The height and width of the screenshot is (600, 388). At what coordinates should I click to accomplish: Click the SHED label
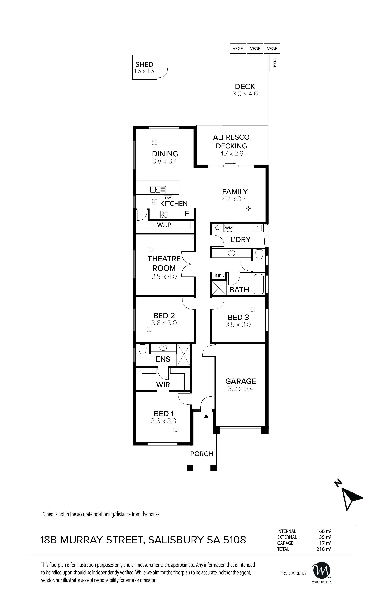coord(144,64)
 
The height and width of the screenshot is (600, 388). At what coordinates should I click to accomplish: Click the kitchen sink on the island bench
coord(158,189)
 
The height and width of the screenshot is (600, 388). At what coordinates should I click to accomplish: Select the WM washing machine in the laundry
coord(229,228)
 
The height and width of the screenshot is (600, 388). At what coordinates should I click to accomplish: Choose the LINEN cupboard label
coord(218,276)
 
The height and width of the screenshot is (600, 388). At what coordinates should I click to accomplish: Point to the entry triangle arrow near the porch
coord(206,416)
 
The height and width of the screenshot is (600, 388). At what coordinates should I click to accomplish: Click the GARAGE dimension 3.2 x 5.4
coord(240,389)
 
